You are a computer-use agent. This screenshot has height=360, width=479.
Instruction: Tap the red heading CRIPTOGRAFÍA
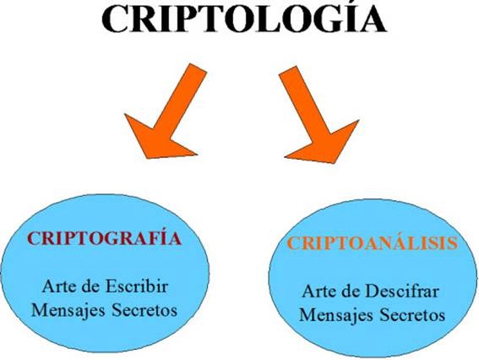pos(105,238)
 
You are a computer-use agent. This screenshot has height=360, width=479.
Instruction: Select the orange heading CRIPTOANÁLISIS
pos(373,243)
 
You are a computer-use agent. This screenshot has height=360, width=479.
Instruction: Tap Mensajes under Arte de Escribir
pos(68,310)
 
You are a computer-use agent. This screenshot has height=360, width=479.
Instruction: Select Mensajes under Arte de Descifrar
pos(336,314)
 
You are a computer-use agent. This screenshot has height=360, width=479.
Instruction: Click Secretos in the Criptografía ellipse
pos(144,310)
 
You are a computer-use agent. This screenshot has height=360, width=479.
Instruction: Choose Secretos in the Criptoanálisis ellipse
pos(412,314)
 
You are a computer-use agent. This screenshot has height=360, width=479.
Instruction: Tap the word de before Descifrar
pos(351,292)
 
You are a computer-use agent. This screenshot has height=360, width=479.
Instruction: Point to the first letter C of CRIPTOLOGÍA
pos(116,18)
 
